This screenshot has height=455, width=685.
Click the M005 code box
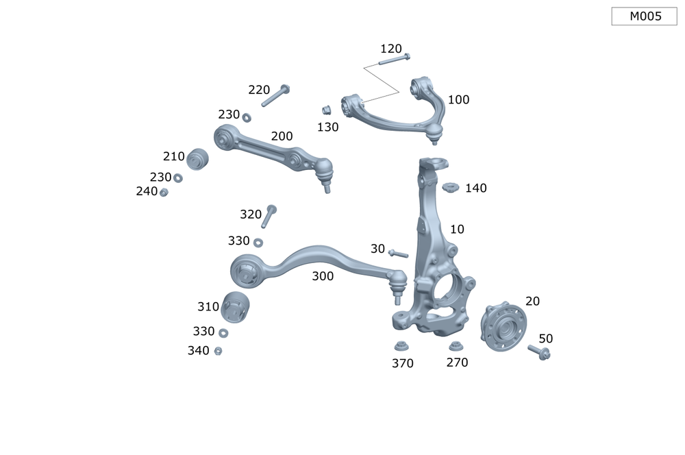pyautogui.click(x=644, y=16)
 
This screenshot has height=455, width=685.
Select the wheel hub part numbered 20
pyautogui.click(x=503, y=328)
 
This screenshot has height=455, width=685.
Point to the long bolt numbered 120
pyautogui.click(x=393, y=60)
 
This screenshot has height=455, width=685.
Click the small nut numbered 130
pyautogui.click(x=327, y=110)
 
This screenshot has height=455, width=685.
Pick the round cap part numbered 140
pyautogui.click(x=449, y=187)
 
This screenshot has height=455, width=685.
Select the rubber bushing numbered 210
pyautogui.click(x=197, y=158)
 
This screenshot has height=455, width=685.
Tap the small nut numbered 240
pyautogui.click(x=164, y=193)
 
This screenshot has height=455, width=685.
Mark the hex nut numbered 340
pyautogui.click(x=218, y=351)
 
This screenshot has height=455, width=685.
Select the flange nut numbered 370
pyautogui.click(x=401, y=346)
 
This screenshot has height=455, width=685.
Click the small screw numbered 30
pyautogui.click(x=398, y=254)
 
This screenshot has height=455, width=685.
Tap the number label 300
pyautogui.click(x=323, y=276)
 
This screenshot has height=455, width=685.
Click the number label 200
pyautogui.click(x=282, y=136)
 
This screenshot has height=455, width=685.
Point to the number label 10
pyautogui.click(x=457, y=229)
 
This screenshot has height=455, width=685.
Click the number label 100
pyautogui.click(x=458, y=100)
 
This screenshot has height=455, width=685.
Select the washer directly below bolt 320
pyautogui.click(x=258, y=242)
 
